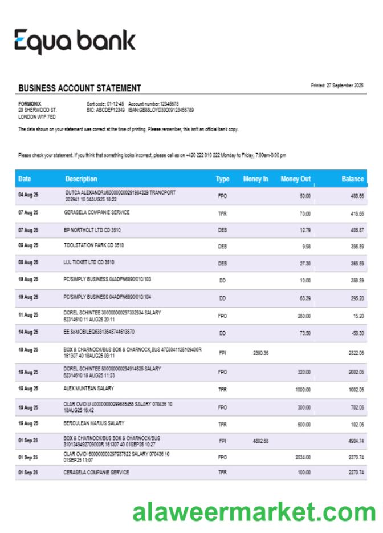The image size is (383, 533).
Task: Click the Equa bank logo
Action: click(x=75, y=42)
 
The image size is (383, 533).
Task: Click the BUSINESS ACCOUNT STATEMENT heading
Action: click(x=79, y=88)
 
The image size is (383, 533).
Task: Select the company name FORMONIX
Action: click(x=30, y=103)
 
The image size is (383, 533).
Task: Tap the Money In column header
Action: click(x=255, y=179)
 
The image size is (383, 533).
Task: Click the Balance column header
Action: click(x=352, y=179)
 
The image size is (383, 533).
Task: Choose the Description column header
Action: click(x=82, y=179)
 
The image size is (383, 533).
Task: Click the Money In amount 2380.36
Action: click(x=260, y=353)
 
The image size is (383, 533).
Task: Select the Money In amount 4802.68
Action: click(x=260, y=441)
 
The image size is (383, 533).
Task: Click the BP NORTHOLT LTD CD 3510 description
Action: click(x=92, y=229)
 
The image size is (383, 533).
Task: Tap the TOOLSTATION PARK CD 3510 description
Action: click(x=94, y=245)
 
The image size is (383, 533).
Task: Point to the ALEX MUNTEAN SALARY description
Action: click(x=89, y=388)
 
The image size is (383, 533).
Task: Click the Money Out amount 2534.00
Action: click(x=303, y=457)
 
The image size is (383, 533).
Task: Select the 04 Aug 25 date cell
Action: click(x=28, y=195)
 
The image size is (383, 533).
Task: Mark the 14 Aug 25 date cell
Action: click(x=28, y=332)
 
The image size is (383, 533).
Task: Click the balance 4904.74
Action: click(x=356, y=441)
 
